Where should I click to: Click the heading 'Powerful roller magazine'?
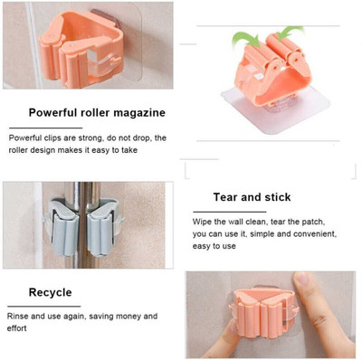(x=97, y=113)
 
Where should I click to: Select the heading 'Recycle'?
(x=50, y=292)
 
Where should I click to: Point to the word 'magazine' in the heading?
(x=138, y=113)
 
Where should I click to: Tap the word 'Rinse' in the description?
(x=21, y=317)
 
